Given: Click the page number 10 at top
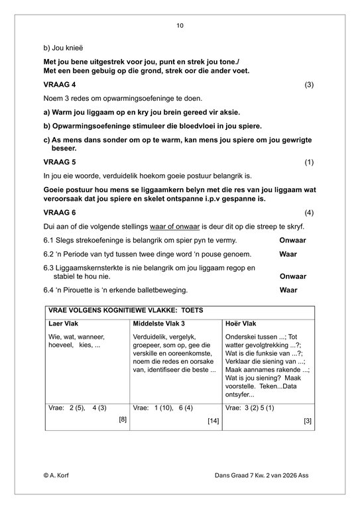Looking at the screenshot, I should (180, 26).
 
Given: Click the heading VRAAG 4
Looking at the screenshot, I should (60, 85).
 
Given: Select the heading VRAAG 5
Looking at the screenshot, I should (60, 162).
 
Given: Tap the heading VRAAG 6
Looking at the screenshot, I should (60, 213).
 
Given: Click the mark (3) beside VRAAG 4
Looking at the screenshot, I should (309, 85).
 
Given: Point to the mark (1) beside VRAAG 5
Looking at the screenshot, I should (309, 162).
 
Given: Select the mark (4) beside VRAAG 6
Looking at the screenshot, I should (309, 213).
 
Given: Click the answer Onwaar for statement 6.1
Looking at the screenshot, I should (293, 240).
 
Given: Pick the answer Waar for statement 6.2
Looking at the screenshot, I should (288, 254).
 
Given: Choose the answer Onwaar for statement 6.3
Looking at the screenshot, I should (293, 276).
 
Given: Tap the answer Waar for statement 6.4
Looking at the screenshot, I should (288, 290).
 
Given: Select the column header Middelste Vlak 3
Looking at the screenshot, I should (160, 323).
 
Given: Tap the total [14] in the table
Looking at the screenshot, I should (213, 420).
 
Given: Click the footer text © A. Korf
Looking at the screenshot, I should (58, 475).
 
